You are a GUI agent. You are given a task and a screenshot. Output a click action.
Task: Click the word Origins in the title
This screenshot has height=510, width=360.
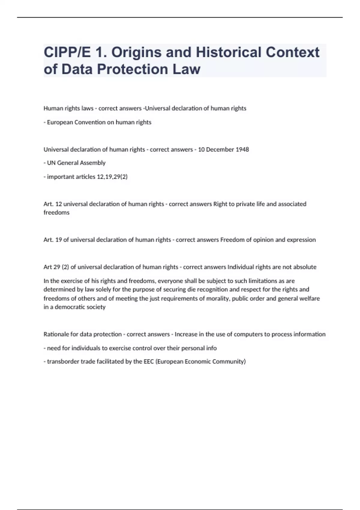click(136, 52)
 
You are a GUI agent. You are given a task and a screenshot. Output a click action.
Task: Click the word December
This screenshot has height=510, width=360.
click(219, 149)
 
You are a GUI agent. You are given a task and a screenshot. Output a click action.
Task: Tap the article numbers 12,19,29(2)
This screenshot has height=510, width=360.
click(112, 177)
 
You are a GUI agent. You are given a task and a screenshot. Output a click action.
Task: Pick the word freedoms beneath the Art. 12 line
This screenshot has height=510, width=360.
click(56, 212)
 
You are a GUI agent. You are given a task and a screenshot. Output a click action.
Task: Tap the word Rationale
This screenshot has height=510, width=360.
click(56, 334)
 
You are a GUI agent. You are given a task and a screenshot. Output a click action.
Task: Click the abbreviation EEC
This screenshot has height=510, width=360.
click(148, 361)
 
